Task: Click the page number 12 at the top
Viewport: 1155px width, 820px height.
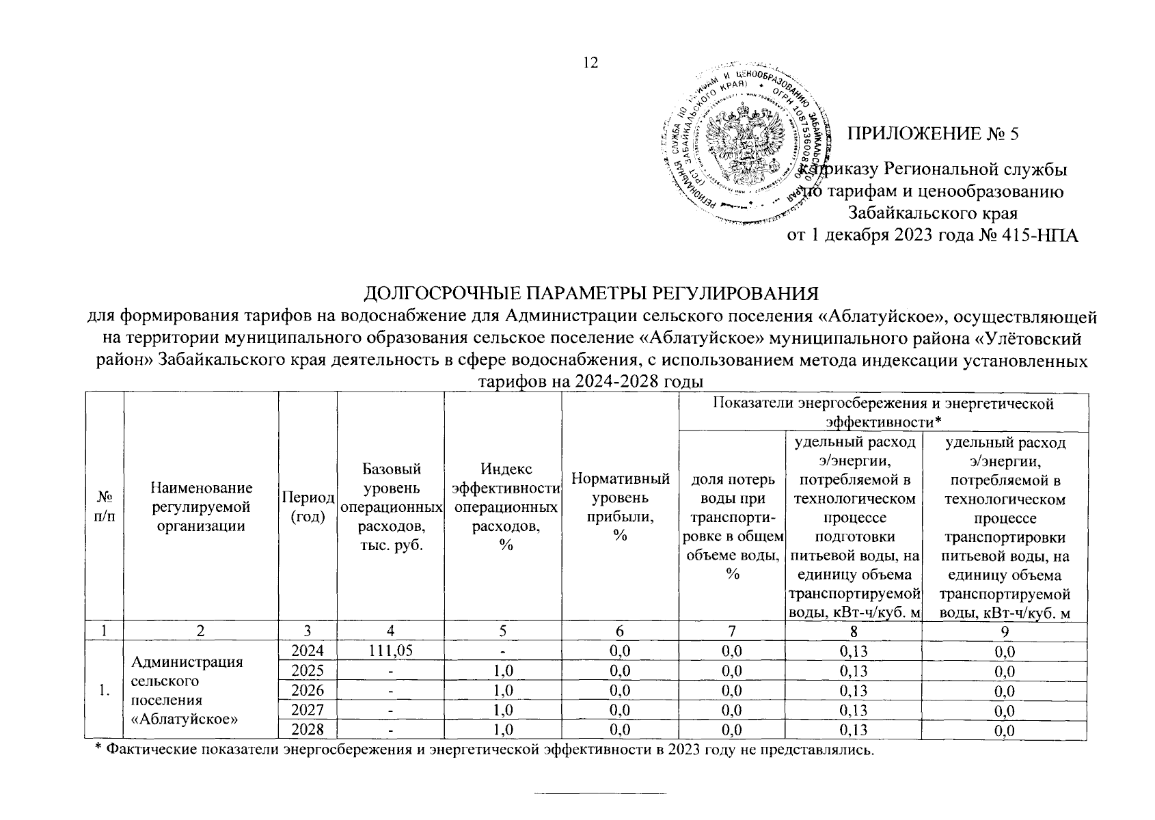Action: [590, 63]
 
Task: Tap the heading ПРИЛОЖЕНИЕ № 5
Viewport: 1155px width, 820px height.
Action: [933, 134]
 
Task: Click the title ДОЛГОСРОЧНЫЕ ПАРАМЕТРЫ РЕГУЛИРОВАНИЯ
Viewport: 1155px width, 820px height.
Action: [590, 294]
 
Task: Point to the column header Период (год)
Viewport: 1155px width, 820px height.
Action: [308, 506]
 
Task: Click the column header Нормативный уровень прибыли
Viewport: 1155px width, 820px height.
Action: [620, 506]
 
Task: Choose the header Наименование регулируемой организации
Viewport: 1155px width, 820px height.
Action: [201, 506]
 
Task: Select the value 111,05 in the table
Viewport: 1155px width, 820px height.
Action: [390, 651]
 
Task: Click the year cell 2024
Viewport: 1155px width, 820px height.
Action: [308, 651]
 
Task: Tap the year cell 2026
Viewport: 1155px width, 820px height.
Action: [308, 690]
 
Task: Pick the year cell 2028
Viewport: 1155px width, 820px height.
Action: [308, 730]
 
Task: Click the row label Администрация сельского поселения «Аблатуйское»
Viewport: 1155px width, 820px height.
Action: [187, 690]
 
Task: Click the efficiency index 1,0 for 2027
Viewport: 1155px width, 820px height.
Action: [502, 710]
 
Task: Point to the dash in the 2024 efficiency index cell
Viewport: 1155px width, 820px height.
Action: [502, 651]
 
